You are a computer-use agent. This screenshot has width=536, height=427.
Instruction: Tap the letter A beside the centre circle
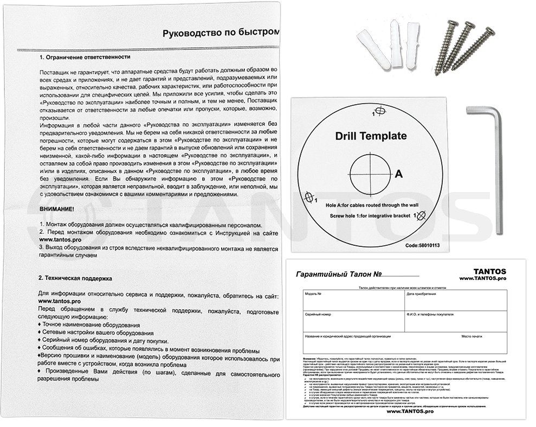click(398, 174)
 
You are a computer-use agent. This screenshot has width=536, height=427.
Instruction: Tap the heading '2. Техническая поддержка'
click(75, 277)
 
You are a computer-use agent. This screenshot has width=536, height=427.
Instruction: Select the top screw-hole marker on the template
click(380, 111)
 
